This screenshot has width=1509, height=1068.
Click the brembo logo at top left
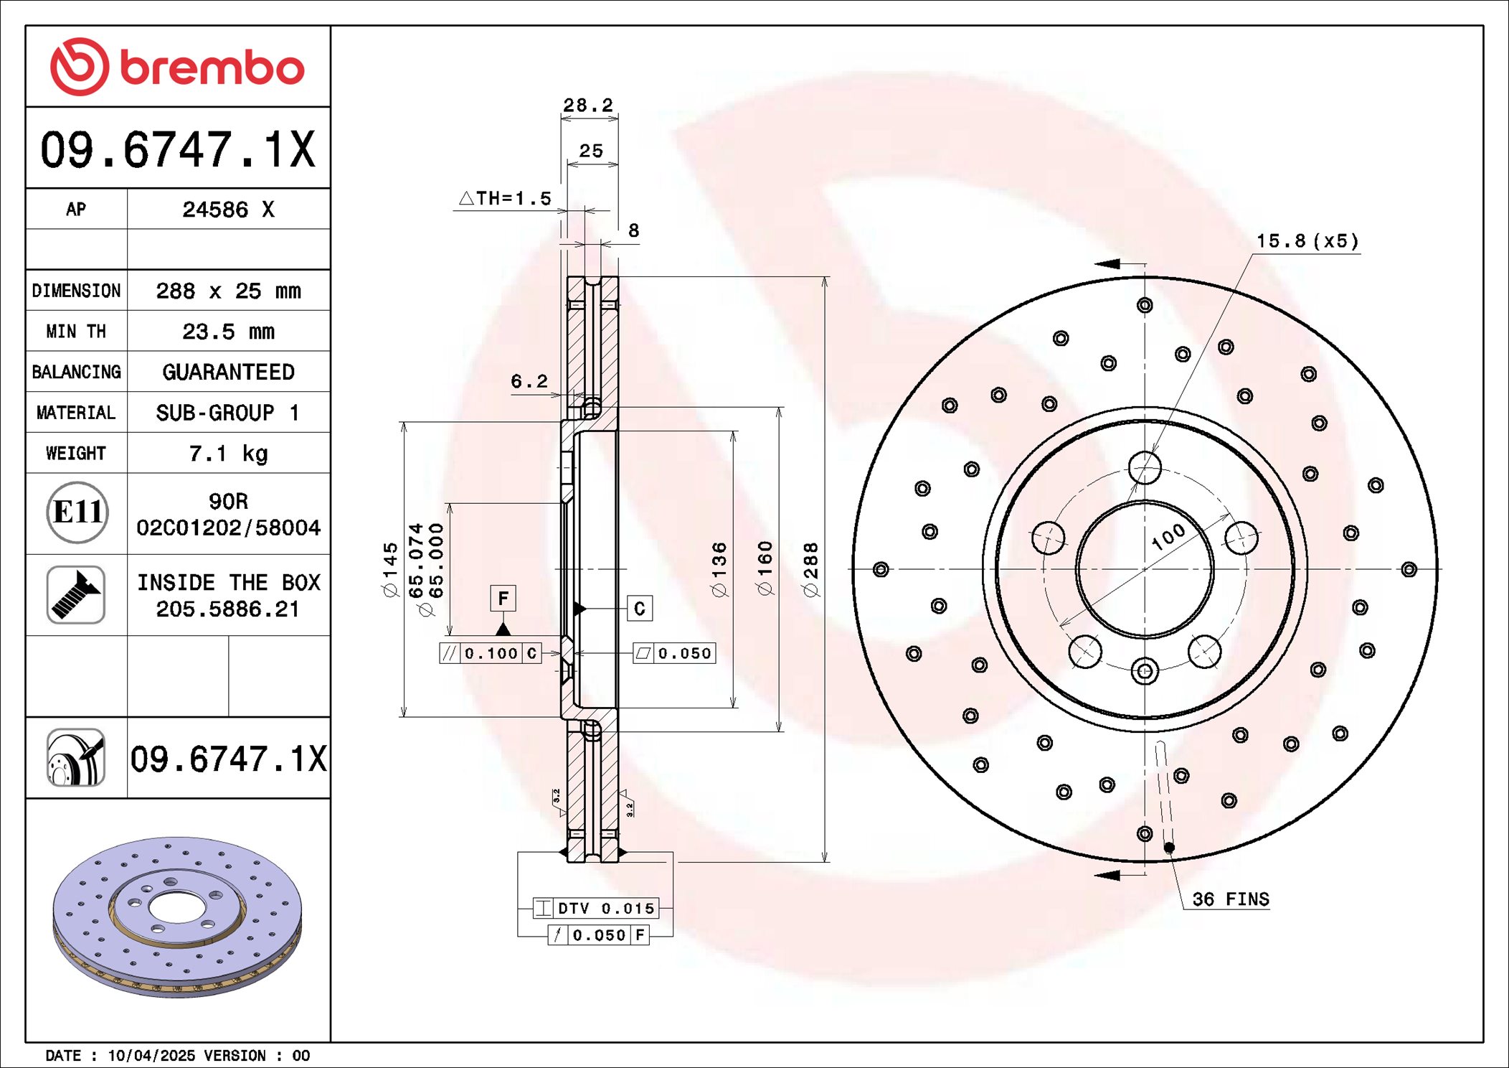point(177,67)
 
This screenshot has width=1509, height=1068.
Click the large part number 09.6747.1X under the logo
point(178,149)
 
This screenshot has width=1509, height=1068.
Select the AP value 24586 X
point(228,209)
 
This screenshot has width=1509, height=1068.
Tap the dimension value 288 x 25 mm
point(228,291)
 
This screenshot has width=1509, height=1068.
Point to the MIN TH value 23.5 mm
point(228,332)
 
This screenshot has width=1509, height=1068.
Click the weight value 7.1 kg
point(228,454)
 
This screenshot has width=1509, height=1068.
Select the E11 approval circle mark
point(77,512)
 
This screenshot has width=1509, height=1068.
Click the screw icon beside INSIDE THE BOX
point(76,594)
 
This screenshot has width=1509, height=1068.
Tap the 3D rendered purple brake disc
point(177,917)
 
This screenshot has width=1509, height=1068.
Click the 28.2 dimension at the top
point(588,106)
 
